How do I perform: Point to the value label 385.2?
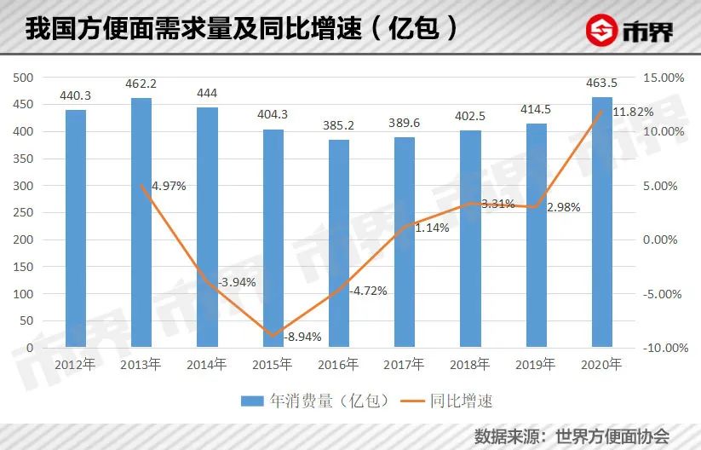pyautogui.click(x=339, y=126)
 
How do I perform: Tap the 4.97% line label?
pyautogui.click(x=170, y=185)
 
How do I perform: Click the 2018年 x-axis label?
pyautogui.click(x=471, y=365)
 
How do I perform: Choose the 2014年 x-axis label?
pyautogui.click(x=207, y=365)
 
